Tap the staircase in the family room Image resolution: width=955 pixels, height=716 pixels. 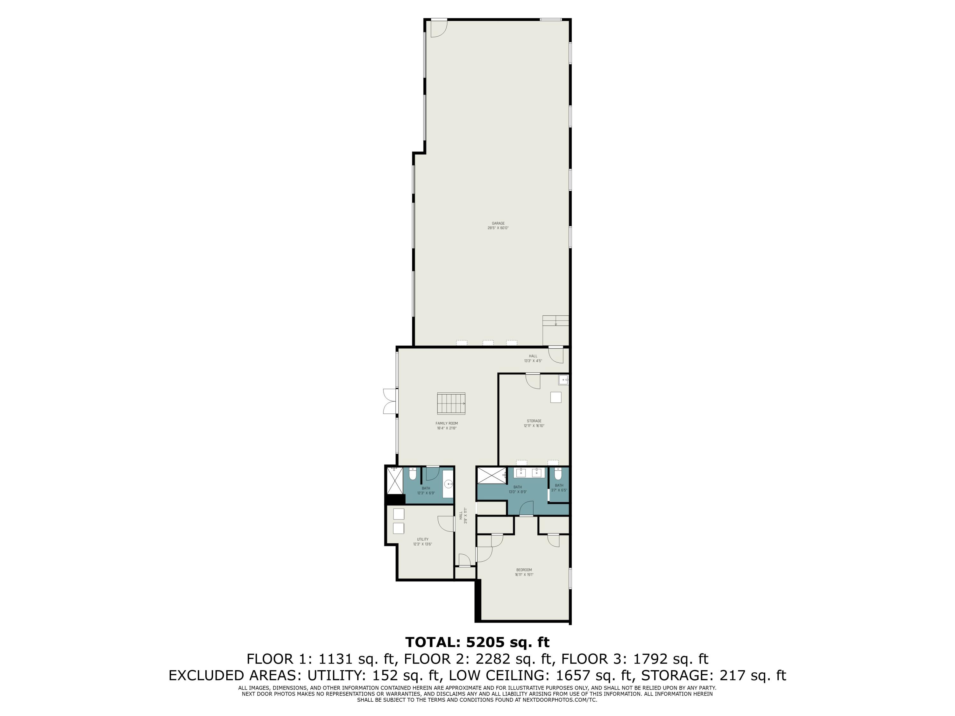coord(451,403)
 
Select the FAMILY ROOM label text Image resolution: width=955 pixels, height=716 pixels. coord(446,423)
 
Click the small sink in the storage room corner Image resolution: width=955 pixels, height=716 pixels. coord(563,380)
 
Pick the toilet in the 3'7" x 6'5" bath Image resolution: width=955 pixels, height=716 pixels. coord(557,475)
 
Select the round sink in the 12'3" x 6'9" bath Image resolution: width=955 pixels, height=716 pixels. coord(449,484)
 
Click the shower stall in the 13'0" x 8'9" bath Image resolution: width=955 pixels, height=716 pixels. coord(491,475)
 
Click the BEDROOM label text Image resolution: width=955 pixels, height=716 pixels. coord(524,570)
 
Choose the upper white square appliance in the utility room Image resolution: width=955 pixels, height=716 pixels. coord(399,514)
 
